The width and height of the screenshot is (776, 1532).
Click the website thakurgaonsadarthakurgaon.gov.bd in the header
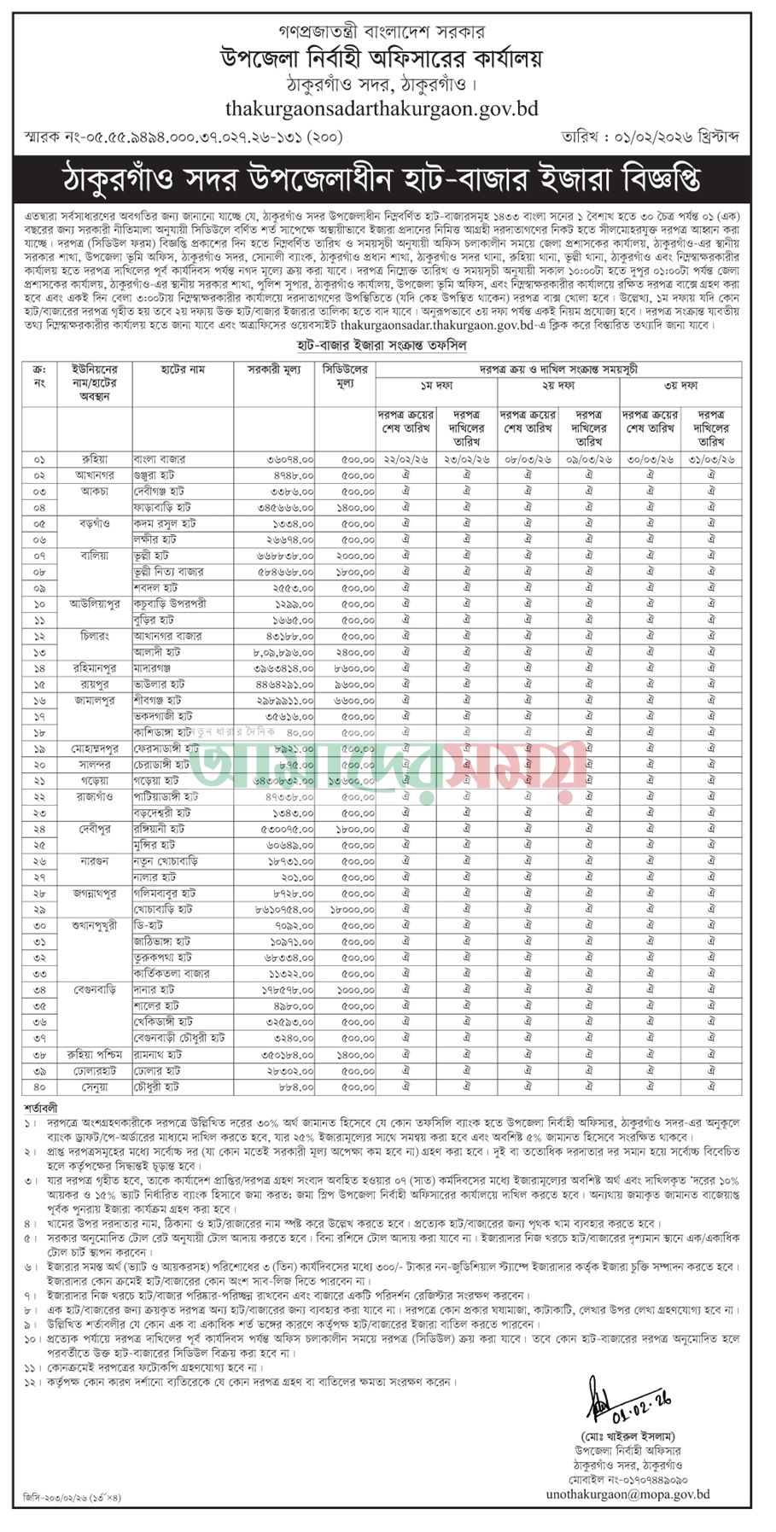382,108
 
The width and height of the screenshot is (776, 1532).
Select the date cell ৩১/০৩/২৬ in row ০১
710,459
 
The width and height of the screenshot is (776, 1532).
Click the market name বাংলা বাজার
160,459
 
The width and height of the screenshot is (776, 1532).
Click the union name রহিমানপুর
94,668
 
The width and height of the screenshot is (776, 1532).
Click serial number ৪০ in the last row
39,1086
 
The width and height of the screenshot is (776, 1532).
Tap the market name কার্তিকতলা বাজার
172,974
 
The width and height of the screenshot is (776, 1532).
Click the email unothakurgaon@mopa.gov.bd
627,1494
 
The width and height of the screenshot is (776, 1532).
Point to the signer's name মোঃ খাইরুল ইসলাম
627,1436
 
